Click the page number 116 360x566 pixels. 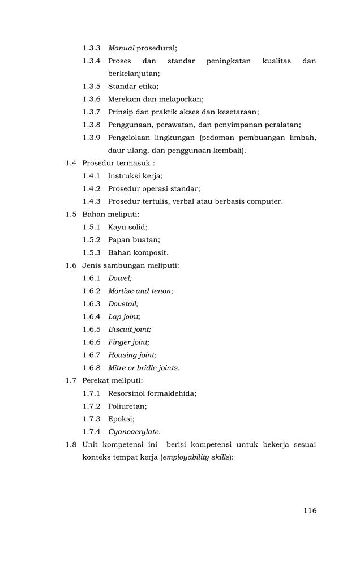[x=310, y=511]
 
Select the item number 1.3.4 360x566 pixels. [x=92, y=61]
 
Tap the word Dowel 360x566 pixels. [x=119, y=278]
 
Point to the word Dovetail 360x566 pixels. [x=123, y=304]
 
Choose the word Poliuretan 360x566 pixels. [x=127, y=406]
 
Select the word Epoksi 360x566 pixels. [x=121, y=419]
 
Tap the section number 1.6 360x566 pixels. [x=71, y=265]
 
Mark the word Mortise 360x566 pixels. [x=121, y=291]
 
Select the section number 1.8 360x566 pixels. [x=71, y=444]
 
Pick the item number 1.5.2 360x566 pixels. [x=92, y=240]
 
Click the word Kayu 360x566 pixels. [x=117, y=227]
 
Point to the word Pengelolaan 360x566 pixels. [x=129, y=138]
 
